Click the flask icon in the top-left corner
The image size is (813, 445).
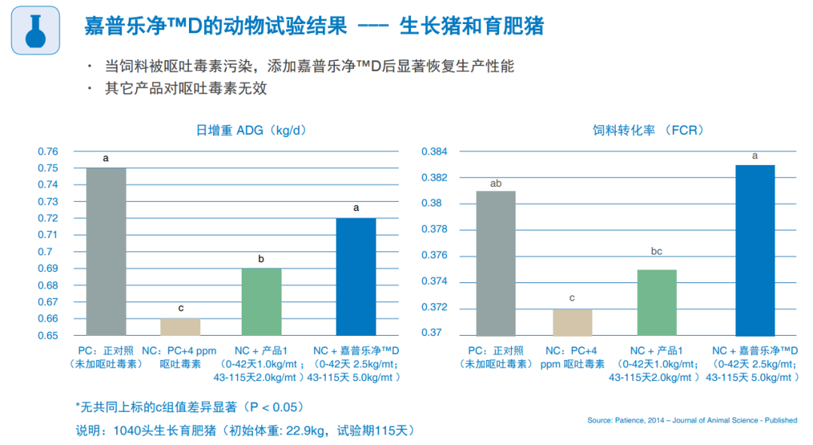35,30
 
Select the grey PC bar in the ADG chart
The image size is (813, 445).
106,251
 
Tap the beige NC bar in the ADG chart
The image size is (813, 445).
181,327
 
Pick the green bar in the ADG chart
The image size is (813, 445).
261,301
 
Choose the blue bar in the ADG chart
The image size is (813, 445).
356,276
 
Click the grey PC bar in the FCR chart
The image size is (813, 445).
496,263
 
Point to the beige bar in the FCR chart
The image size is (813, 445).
572,322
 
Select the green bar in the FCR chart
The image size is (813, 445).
656,302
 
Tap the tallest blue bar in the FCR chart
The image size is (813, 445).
754,250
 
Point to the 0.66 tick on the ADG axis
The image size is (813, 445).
47,319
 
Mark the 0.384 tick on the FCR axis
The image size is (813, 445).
434,152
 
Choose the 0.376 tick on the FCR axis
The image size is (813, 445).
434,256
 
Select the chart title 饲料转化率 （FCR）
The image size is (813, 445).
648,130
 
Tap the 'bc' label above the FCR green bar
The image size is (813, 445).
656,251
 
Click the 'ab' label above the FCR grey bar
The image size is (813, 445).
496,183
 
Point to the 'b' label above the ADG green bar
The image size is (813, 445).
261,260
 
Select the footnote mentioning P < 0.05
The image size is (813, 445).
189,407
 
